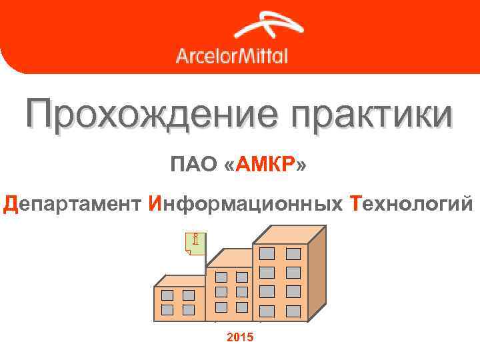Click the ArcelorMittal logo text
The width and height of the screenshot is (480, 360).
[x=231, y=55]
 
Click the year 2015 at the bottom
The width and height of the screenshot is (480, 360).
[x=240, y=338]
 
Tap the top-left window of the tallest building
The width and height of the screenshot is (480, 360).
[x=267, y=253]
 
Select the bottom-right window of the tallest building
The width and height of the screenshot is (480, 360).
[x=293, y=310]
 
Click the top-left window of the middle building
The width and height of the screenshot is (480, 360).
[x=221, y=277]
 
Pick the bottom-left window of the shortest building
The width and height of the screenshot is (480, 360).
[x=167, y=309]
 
